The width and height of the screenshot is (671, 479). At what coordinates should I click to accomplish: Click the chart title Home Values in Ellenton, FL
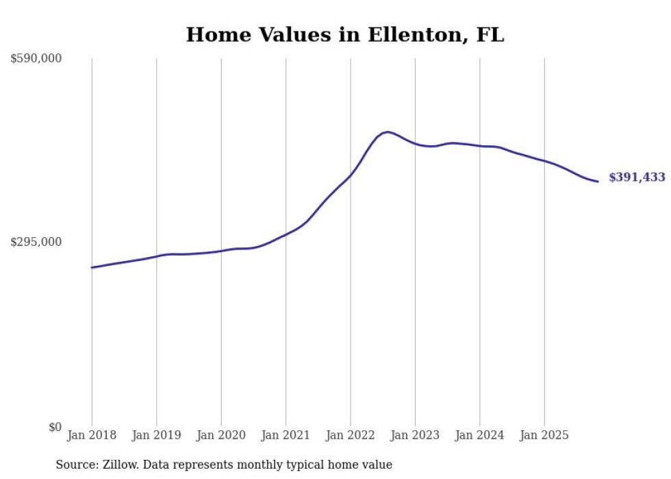pos(345,35)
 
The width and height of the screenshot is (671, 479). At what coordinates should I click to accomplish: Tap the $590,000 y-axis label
pos(36,59)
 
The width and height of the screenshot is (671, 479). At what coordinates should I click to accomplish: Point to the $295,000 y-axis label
pos(36,242)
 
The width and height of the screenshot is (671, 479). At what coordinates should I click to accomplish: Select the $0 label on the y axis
pos(54,427)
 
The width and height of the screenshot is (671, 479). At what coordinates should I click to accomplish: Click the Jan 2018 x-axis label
pos(92,435)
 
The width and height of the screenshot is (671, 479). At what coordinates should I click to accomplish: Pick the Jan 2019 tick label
pos(156,435)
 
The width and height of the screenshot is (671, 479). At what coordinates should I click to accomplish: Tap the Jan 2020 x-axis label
pos(221,435)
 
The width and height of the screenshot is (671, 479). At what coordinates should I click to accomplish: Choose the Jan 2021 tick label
pos(286,435)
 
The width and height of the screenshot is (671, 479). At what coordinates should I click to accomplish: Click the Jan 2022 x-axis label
pos(351,435)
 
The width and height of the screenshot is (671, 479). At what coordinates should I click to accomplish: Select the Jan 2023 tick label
pos(415,435)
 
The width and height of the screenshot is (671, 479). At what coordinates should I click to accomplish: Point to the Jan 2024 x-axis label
pos(480,435)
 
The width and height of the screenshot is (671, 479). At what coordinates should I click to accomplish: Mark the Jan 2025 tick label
pos(544,435)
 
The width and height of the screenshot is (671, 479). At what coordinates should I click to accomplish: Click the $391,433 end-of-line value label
pos(637,177)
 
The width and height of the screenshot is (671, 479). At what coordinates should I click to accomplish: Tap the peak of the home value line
pos(388,132)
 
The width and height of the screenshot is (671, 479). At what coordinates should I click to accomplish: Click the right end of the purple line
pos(598,182)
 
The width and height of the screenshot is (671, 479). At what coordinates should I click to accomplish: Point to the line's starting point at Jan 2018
pos(92,267)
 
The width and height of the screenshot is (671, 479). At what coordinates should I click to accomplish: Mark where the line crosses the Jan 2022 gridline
pos(351,175)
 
